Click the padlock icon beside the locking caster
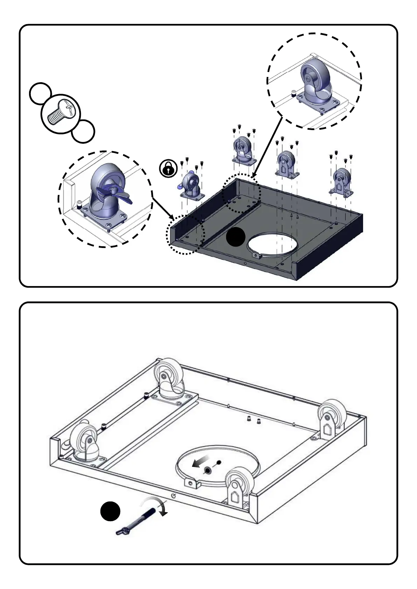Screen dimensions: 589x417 [168, 168]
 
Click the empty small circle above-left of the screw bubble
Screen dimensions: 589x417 [40, 93]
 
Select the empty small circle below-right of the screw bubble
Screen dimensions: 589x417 [83, 132]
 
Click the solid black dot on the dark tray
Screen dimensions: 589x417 [236, 237]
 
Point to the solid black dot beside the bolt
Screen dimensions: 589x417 [110, 511]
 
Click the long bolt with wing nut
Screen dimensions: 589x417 [136, 521]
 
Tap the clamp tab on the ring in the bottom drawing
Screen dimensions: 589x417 [191, 483]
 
